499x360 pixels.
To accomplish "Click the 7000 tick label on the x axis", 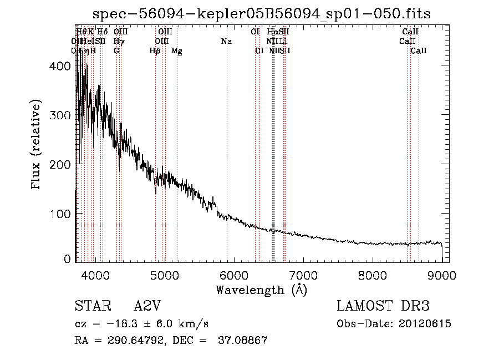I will point(303,275).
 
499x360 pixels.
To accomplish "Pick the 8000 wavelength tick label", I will point(373,275).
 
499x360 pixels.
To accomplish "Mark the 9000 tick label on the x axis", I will point(442,275).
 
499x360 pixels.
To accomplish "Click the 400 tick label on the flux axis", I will point(60,66).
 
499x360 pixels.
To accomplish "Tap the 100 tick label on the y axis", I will point(60,214).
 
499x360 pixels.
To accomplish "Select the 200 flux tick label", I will point(60,164).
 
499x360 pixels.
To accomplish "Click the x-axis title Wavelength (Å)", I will point(261,290).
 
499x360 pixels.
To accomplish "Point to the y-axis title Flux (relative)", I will point(37,145).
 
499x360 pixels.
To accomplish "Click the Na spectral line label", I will point(226,42).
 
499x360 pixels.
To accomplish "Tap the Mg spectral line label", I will point(177,51).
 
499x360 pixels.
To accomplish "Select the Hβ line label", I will point(155,51).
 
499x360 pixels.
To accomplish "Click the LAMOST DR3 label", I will point(383,307).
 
